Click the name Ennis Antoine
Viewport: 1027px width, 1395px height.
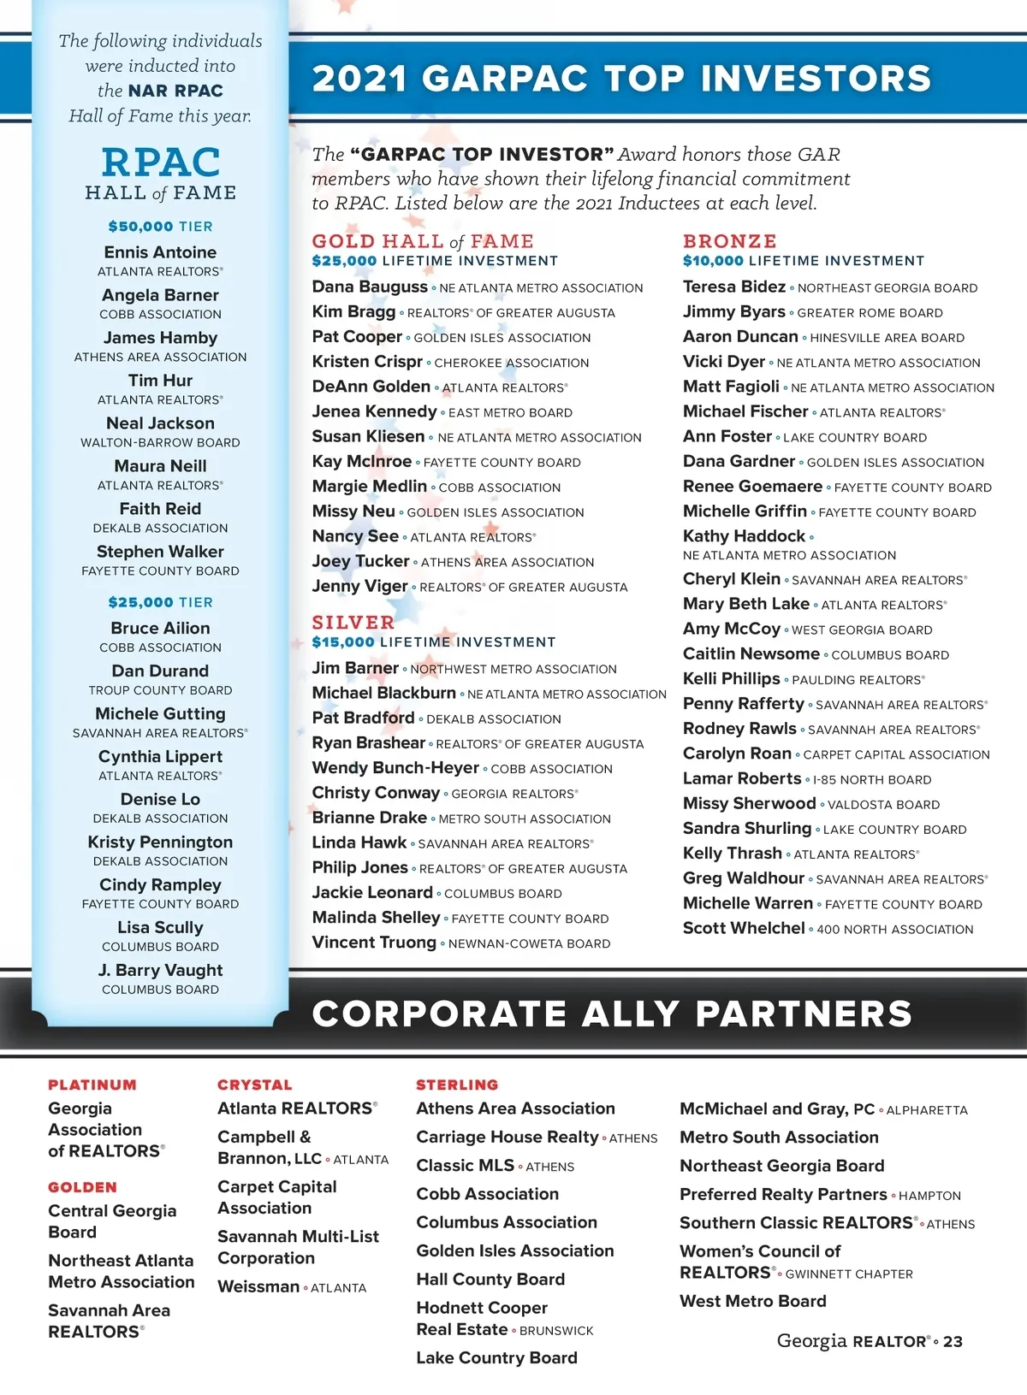pyautogui.click(x=160, y=252)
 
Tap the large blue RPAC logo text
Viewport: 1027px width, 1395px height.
pyautogui.click(x=161, y=163)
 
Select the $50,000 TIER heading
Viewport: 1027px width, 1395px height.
pyautogui.click(x=160, y=227)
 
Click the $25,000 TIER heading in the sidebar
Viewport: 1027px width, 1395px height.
pyautogui.click(x=160, y=602)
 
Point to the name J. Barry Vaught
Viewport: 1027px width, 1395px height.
pyautogui.click(x=160, y=970)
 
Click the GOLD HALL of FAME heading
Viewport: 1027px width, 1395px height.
pyautogui.click(x=422, y=241)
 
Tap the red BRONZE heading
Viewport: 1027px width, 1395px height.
pyautogui.click(x=729, y=241)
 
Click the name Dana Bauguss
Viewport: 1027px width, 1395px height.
pyautogui.click(x=369, y=287)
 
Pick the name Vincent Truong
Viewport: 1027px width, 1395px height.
pyautogui.click(x=374, y=942)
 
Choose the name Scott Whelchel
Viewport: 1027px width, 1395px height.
pyautogui.click(x=744, y=928)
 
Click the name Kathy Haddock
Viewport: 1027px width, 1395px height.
pyautogui.click(x=744, y=536)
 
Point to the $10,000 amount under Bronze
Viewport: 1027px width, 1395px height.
pyautogui.click(x=713, y=261)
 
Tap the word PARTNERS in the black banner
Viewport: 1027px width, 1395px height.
pyautogui.click(x=804, y=1014)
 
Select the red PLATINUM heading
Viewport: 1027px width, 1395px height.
pyautogui.click(x=92, y=1085)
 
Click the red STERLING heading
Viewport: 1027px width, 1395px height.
pyautogui.click(x=457, y=1085)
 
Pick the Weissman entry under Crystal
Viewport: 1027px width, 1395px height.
pyautogui.click(x=258, y=1286)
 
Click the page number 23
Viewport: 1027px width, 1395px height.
pyautogui.click(x=953, y=1342)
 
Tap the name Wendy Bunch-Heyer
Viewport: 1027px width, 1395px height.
pyautogui.click(x=395, y=768)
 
